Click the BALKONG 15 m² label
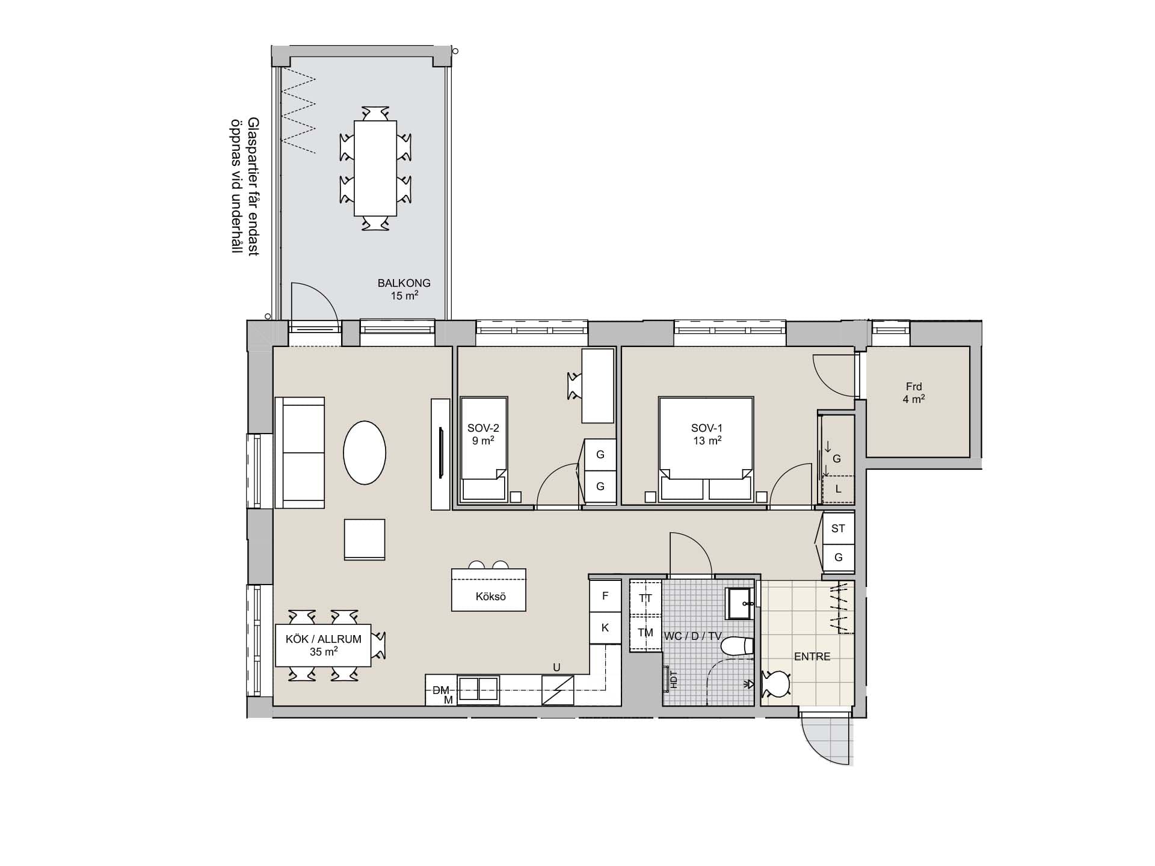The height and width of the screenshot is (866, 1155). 404,289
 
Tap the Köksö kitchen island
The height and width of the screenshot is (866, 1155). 488,590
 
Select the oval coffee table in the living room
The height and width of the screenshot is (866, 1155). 364,452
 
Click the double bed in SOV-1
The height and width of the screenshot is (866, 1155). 706,449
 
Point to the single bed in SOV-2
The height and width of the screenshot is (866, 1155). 484,449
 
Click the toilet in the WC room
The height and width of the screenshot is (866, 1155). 737,646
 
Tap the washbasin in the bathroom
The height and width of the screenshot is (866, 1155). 740,603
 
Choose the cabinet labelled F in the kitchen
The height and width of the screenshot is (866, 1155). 605,595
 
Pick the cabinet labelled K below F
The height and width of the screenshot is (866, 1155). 605,628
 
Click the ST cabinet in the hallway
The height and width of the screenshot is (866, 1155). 838,528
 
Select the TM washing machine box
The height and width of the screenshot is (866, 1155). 645,633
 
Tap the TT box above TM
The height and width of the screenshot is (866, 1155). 645,598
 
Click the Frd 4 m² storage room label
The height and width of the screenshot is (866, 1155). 914,393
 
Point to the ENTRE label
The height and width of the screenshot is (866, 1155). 812,657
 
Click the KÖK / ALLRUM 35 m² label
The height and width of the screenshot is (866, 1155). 324,645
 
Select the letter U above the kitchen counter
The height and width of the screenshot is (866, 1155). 556,668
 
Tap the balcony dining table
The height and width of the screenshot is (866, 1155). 375,168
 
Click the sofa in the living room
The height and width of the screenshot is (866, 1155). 300,452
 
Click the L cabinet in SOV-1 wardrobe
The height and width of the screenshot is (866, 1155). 838,489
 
